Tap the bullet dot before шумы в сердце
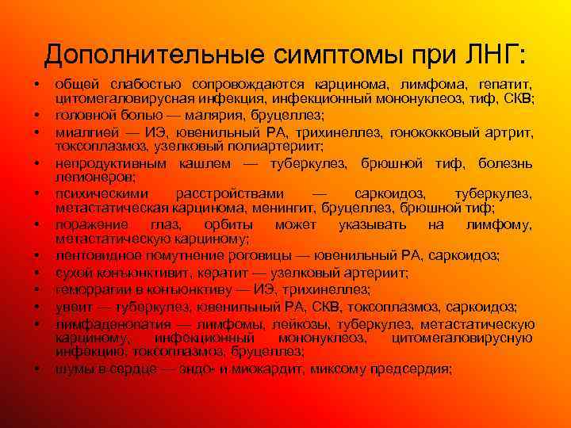coord(36,369)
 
